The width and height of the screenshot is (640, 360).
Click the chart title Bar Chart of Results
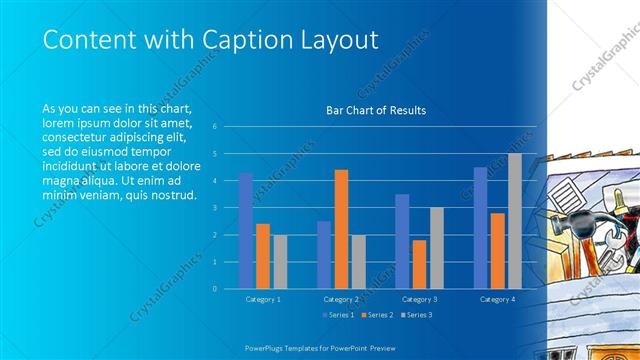[x=376, y=110]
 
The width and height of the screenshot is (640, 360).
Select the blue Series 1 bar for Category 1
[x=246, y=230]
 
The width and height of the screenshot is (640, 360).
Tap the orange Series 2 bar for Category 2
[x=341, y=228]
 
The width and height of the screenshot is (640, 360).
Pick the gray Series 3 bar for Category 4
[x=515, y=220]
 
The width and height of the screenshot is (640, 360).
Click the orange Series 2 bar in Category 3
[x=419, y=264]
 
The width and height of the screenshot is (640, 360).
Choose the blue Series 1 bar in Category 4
[x=480, y=227]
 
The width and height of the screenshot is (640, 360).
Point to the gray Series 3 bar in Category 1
[x=280, y=261]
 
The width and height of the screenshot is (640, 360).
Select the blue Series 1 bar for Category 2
[x=324, y=254]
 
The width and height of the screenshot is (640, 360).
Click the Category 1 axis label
[x=263, y=299]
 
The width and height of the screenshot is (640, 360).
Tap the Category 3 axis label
[x=419, y=299]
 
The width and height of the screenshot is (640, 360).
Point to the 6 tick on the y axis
[x=213, y=127]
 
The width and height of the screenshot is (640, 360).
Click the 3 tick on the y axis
[x=213, y=208]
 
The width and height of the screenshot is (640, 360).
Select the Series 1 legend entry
[x=337, y=315]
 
